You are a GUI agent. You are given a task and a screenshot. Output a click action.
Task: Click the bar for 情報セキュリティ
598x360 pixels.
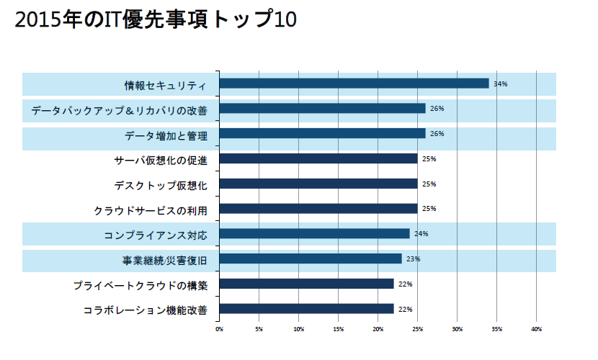point(354,84)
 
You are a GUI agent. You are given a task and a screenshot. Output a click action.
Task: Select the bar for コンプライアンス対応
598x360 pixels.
point(314,234)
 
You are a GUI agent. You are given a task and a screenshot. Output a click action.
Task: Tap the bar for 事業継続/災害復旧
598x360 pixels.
point(310,258)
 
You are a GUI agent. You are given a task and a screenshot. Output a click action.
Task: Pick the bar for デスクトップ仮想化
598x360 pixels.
point(318,184)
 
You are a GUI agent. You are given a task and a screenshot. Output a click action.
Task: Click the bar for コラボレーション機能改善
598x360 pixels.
point(306,309)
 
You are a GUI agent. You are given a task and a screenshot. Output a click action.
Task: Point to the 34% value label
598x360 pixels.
point(501,84)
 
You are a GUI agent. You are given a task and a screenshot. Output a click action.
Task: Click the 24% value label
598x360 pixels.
point(421,234)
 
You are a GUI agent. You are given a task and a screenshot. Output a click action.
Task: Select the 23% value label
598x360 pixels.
point(414,258)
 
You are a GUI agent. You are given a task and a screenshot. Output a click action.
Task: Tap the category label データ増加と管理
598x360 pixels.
point(166,134)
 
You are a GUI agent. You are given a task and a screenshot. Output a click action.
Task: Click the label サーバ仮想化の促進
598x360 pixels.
point(161,159)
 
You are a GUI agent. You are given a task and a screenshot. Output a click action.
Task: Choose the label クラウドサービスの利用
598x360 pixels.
point(151,210)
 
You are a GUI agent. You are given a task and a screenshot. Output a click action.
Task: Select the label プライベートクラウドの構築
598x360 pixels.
point(140,284)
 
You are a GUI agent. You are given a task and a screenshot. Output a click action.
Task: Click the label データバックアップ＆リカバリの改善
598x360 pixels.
point(119,109)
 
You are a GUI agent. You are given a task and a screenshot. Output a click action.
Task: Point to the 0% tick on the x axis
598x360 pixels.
point(219,329)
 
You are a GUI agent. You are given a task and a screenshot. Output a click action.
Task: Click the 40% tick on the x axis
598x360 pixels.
point(536,329)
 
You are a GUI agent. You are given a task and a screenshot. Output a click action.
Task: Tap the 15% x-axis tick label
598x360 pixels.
point(338,329)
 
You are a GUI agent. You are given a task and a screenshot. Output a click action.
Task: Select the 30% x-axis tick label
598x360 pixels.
point(457,329)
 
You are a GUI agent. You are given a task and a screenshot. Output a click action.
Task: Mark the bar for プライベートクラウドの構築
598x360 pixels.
point(306,284)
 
